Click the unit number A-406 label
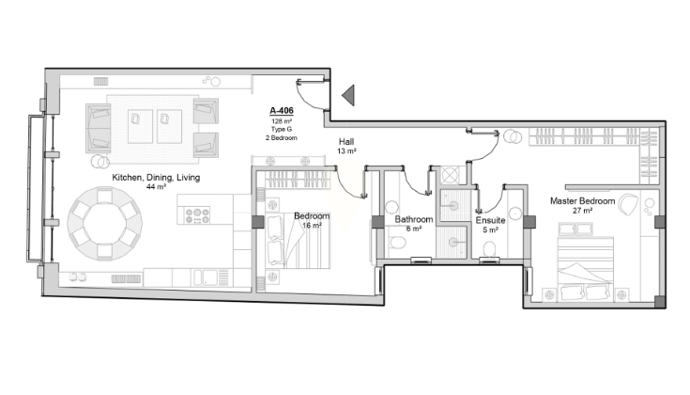[x=282, y=111]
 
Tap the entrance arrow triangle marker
[x=348, y=95]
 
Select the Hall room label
[x=346, y=141]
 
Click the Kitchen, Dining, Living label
[x=156, y=177]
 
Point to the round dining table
[x=105, y=224]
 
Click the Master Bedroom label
[x=582, y=201]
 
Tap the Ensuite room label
[x=490, y=220]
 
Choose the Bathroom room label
[x=414, y=219]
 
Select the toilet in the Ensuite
[x=490, y=248]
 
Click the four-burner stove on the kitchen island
[x=197, y=215]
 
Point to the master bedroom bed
[x=585, y=269]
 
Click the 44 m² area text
[x=156, y=187]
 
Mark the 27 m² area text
[x=582, y=211]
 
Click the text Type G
[x=282, y=129]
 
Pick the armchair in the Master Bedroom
[x=628, y=205]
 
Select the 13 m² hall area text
[x=346, y=151]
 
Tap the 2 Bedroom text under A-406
[x=282, y=137]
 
